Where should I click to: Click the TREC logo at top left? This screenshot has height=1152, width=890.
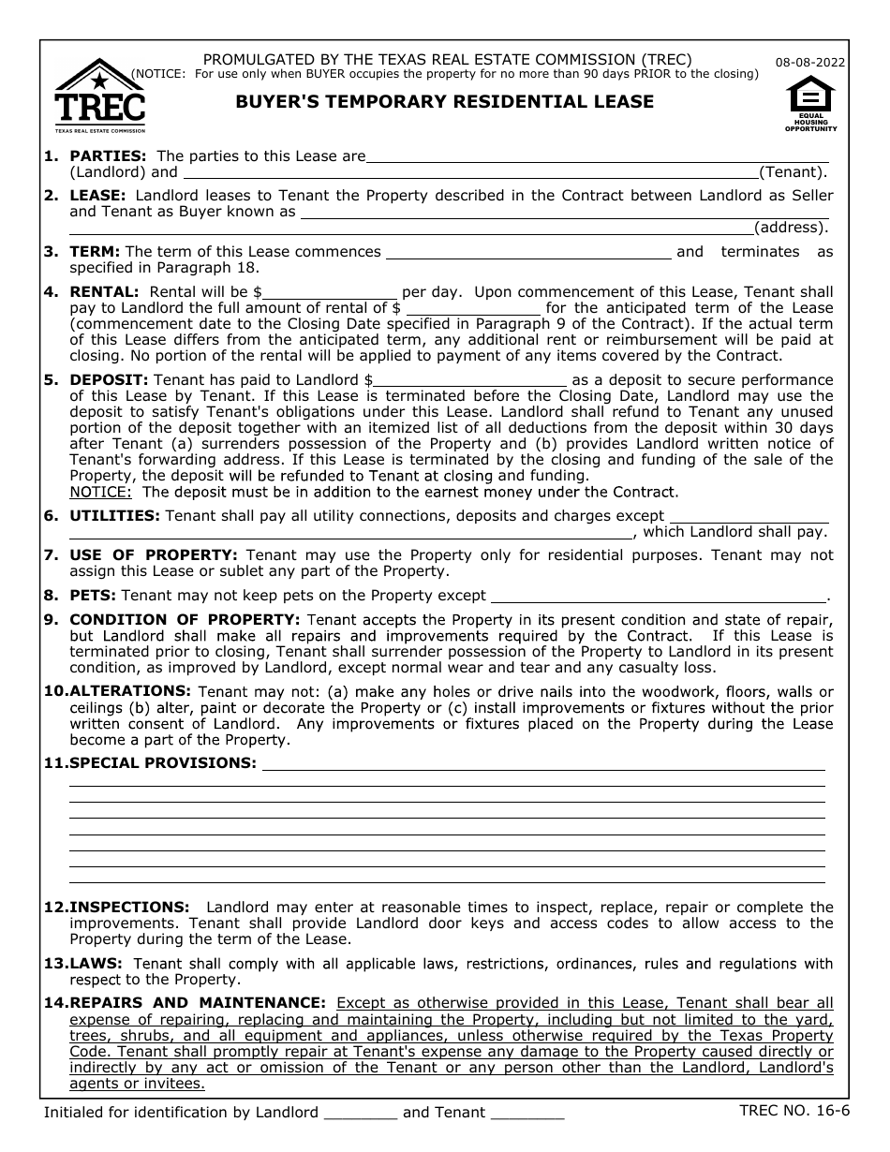[100, 96]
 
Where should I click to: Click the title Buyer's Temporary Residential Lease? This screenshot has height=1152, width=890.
[444, 102]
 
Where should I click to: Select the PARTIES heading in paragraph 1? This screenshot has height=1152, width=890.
[108, 155]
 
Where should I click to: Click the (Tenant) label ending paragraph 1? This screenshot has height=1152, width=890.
[793, 171]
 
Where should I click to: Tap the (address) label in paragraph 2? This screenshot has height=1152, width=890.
[791, 228]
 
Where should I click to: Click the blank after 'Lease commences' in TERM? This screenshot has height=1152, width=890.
[528, 252]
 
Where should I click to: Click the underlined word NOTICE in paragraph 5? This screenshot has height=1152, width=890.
[100, 492]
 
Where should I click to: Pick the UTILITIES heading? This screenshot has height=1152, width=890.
[114, 515]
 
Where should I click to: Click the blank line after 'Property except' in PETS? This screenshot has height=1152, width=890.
[658, 596]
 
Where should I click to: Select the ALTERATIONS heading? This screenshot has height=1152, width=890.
[129, 691]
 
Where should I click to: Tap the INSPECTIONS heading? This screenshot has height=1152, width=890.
[129, 907]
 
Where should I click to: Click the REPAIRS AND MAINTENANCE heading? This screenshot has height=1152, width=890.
[198, 1002]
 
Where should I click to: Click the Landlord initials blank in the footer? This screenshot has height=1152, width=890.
[360, 1113]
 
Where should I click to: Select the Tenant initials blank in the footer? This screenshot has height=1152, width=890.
[527, 1113]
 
